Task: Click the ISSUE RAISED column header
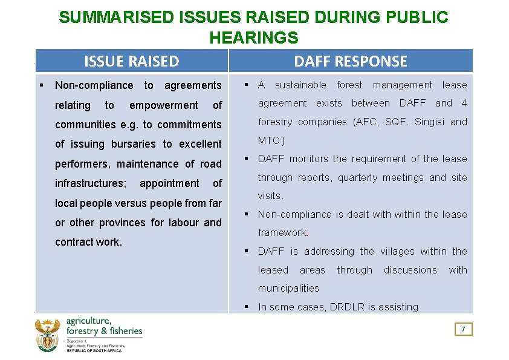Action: point(131,61)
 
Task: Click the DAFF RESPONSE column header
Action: point(351,61)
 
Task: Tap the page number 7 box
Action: point(464,329)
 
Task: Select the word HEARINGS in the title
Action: point(253,38)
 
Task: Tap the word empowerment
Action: point(163,105)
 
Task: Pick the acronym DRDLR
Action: point(347,307)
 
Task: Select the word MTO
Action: point(269,140)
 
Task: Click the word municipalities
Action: point(288,288)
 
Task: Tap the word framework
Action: point(282,232)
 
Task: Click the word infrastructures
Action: point(90,183)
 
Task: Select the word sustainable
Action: point(300,85)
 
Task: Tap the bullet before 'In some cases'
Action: point(247,307)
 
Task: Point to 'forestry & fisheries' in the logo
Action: point(105,331)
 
